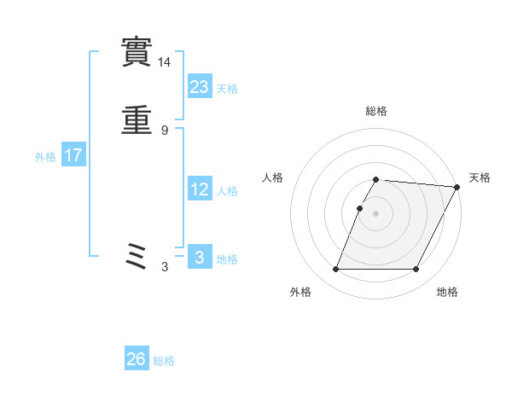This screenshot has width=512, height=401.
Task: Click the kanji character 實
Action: click(137, 53)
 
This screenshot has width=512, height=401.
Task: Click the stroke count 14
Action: click(165, 62)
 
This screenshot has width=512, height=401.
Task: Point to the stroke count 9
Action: click(165, 131)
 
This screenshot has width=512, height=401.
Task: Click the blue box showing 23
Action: click(200, 86)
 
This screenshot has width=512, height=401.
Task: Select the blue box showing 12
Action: click(200, 189)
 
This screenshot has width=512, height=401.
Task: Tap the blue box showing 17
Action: click(73, 155)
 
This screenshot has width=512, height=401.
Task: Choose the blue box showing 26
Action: click(137, 359)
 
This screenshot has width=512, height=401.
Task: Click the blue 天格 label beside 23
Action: click(227, 89)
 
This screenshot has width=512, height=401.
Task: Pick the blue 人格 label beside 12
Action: click(227, 191)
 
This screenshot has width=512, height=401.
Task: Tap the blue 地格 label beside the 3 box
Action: click(227, 259)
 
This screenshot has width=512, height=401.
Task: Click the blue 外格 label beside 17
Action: click(45, 157)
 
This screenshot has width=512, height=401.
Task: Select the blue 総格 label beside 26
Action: click(164, 361)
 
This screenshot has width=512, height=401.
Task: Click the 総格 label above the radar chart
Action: click(376, 111)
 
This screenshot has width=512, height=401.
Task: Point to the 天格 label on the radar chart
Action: click(480, 177)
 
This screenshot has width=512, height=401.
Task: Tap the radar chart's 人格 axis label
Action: click(273, 177)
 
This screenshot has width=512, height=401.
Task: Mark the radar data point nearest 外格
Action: click(336, 270)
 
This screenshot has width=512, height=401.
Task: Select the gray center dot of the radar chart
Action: click(376, 213)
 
